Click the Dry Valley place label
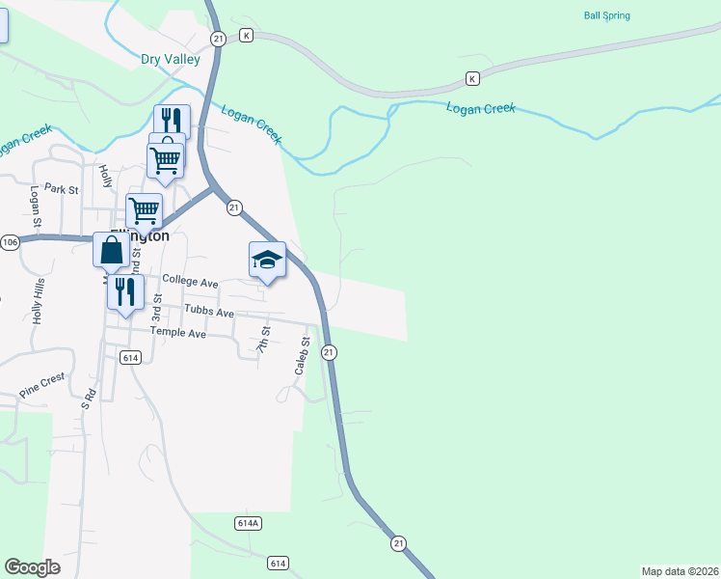click(x=171, y=59)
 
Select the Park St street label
click(x=60, y=189)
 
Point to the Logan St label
click(x=36, y=207)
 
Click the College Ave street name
click(x=190, y=280)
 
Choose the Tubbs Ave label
click(x=209, y=314)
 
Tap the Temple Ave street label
click(x=178, y=333)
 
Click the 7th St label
click(x=263, y=340)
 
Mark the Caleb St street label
click(x=302, y=356)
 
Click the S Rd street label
click(x=88, y=400)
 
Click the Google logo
click(x=32, y=567)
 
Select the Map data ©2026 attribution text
click(x=680, y=570)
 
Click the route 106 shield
click(x=10, y=241)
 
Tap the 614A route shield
click(x=248, y=523)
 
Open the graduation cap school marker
click(x=267, y=259)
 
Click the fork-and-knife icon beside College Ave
click(x=125, y=290)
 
